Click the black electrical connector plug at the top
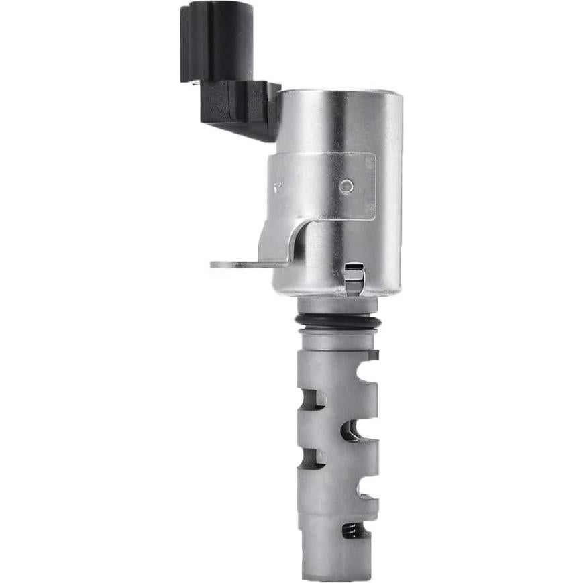[x=217, y=40]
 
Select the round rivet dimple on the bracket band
[x=346, y=187]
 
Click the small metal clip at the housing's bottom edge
[x=354, y=278]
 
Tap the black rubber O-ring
[x=338, y=321]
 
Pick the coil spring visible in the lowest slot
[x=351, y=530]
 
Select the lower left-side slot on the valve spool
[x=311, y=458]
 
